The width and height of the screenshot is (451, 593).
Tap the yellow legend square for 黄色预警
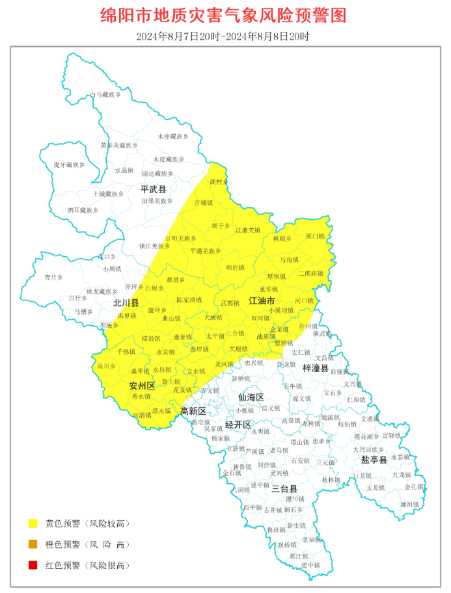[32, 523]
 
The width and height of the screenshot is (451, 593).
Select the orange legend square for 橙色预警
[32, 544]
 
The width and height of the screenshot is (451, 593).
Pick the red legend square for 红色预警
[32, 565]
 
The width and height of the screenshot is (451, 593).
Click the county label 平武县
[154, 189]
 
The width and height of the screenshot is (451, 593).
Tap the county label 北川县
[126, 303]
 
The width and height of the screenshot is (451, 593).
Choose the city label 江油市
[262, 301]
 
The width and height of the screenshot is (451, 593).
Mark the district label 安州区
[141, 386]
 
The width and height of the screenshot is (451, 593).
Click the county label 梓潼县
[316, 368]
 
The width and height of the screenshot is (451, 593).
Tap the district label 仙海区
[251, 397]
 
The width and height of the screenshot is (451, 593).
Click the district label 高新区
[193, 411]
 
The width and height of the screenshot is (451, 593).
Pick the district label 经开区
[238, 425]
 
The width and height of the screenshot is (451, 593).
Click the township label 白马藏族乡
[105, 95]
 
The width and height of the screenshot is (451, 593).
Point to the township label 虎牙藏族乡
[69, 165]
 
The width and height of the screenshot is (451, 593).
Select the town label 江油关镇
[247, 230]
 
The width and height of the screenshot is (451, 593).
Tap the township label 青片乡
[53, 278]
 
